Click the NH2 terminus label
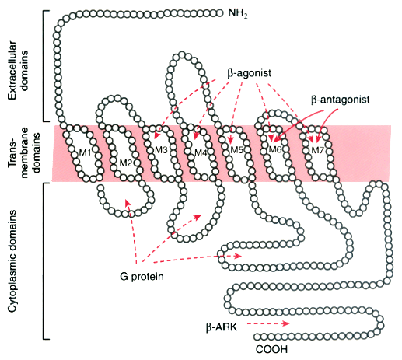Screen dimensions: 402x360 [238, 13]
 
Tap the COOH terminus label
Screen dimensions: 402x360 [271, 349]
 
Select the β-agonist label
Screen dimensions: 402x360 [250, 73]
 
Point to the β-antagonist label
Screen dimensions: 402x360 [341, 100]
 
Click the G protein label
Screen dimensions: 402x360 [142, 276]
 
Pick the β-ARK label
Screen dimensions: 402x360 [222, 327]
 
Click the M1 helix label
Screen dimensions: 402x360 [85, 152]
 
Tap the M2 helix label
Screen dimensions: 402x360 [126, 163]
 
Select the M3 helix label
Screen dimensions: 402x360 [161, 149]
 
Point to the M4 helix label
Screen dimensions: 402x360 [201, 153]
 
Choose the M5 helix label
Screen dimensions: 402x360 [236, 149]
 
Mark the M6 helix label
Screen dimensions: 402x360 [275, 149]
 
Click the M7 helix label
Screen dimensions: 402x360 [318, 150]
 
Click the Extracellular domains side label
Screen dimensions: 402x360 [16, 70]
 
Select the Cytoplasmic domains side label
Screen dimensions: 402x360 [12, 261]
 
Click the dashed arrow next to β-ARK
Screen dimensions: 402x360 [268, 323]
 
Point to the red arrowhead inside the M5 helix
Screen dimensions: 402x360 [230, 140]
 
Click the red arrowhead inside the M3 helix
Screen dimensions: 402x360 [156, 135]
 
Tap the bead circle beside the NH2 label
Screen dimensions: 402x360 [220, 12]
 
